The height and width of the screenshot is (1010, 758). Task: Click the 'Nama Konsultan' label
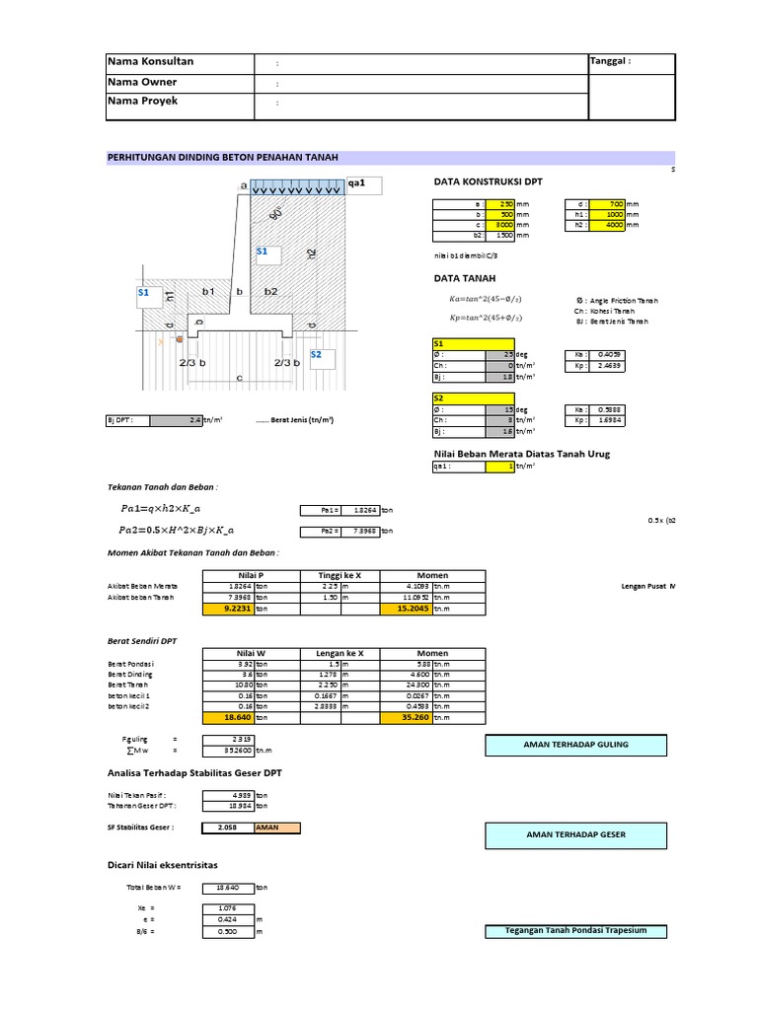point(151,62)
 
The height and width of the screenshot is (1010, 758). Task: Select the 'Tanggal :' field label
point(610,62)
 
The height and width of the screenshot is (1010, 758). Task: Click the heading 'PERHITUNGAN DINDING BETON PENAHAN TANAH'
point(228,157)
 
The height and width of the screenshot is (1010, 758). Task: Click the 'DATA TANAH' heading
point(465,279)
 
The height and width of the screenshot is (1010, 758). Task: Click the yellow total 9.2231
point(227,610)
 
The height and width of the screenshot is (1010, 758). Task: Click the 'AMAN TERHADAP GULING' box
point(576,744)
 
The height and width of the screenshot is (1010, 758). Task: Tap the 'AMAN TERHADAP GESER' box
point(576,834)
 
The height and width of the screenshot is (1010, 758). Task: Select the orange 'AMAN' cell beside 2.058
point(276,828)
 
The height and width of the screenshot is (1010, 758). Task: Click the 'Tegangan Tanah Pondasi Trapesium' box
point(576,931)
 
